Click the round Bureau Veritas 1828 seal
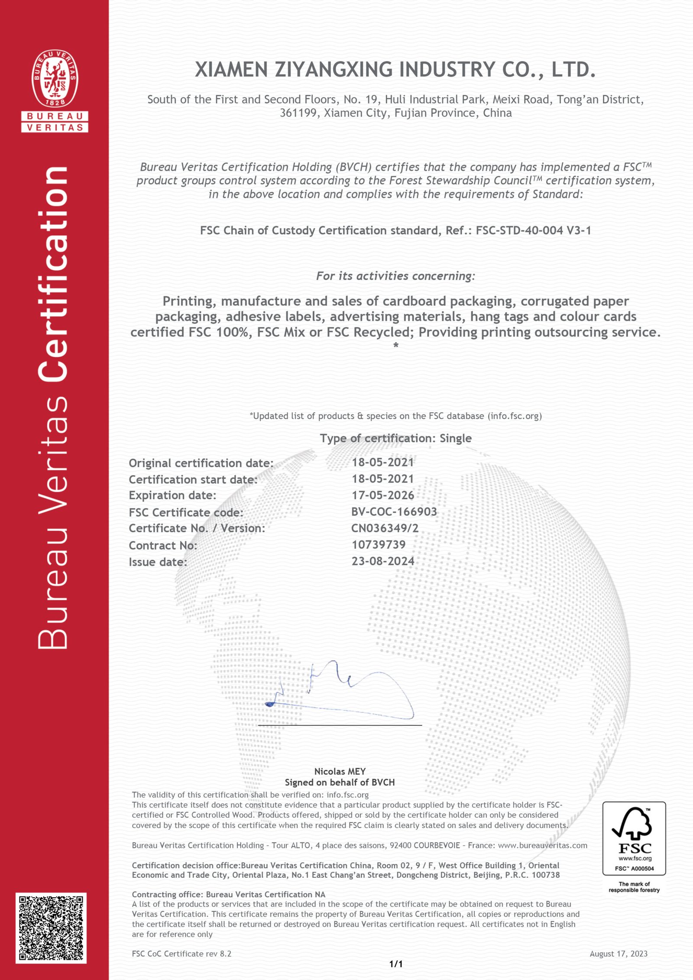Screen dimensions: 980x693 [x=55, y=78]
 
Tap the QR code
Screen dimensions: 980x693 [x=51, y=928]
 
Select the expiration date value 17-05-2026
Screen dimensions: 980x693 [x=382, y=495]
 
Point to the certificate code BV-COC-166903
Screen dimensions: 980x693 [x=394, y=512]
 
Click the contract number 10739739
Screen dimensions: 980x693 [x=379, y=545]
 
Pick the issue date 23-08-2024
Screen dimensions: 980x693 [x=383, y=561]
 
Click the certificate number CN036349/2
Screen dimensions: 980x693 [x=385, y=528]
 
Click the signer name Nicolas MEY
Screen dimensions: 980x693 [x=340, y=771]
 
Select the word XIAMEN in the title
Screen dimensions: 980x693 [x=231, y=70]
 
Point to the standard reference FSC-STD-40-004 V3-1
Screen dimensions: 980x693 [x=533, y=230]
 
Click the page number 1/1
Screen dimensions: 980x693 [x=396, y=964]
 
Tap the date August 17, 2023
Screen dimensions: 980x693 [x=618, y=954]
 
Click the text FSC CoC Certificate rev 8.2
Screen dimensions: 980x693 [x=181, y=954]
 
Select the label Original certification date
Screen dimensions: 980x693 [x=201, y=463]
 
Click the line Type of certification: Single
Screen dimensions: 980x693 [x=395, y=438]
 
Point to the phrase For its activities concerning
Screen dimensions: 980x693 [x=395, y=276]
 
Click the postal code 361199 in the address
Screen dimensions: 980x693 [x=299, y=113]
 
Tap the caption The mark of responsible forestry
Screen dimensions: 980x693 [x=634, y=887]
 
